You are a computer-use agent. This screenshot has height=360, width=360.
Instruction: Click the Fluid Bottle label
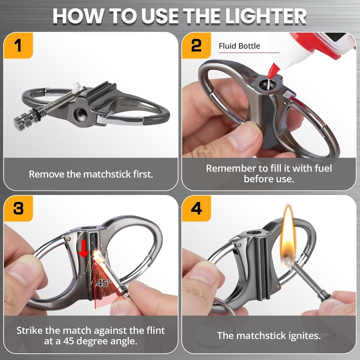(239, 46)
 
